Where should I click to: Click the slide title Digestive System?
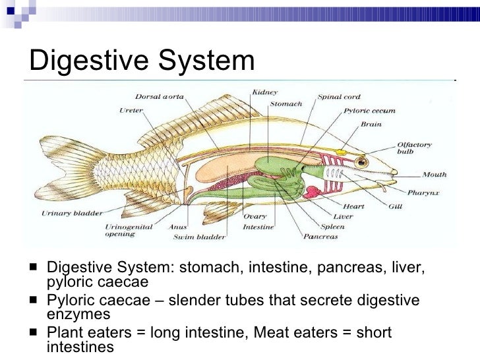pyautogui.click(x=141, y=61)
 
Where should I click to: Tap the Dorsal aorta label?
pyautogui.click(x=160, y=98)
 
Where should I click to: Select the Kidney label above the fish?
pyautogui.click(x=265, y=94)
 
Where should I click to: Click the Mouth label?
pyautogui.click(x=435, y=175)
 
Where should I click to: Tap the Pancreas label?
pyautogui.click(x=321, y=235)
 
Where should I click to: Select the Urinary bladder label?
pyautogui.click(x=70, y=213)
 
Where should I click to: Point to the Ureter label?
pyautogui.click(x=131, y=110)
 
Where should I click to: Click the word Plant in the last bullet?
pyautogui.click(x=65, y=333)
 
